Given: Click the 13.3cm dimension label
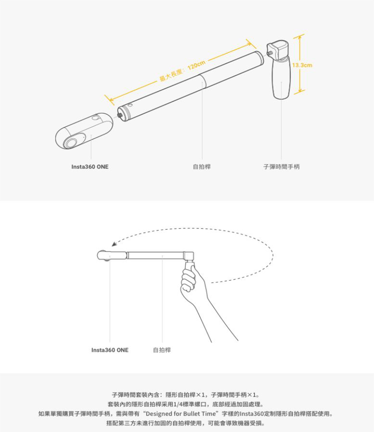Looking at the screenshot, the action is coord(302,66).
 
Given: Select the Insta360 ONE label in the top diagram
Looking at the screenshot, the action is coord(90,167).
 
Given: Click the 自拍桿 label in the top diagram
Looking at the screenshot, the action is coord(202,167).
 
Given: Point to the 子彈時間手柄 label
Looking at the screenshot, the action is coord(281,167).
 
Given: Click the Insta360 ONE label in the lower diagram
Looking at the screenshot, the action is coord(110,350).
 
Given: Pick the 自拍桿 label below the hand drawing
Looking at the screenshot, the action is coord(162,350).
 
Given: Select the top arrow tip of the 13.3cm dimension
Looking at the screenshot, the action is coord(299,36).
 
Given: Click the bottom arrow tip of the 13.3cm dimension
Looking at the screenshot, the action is coord(300,93).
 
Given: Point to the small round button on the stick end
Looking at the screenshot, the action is coord(129,105).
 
